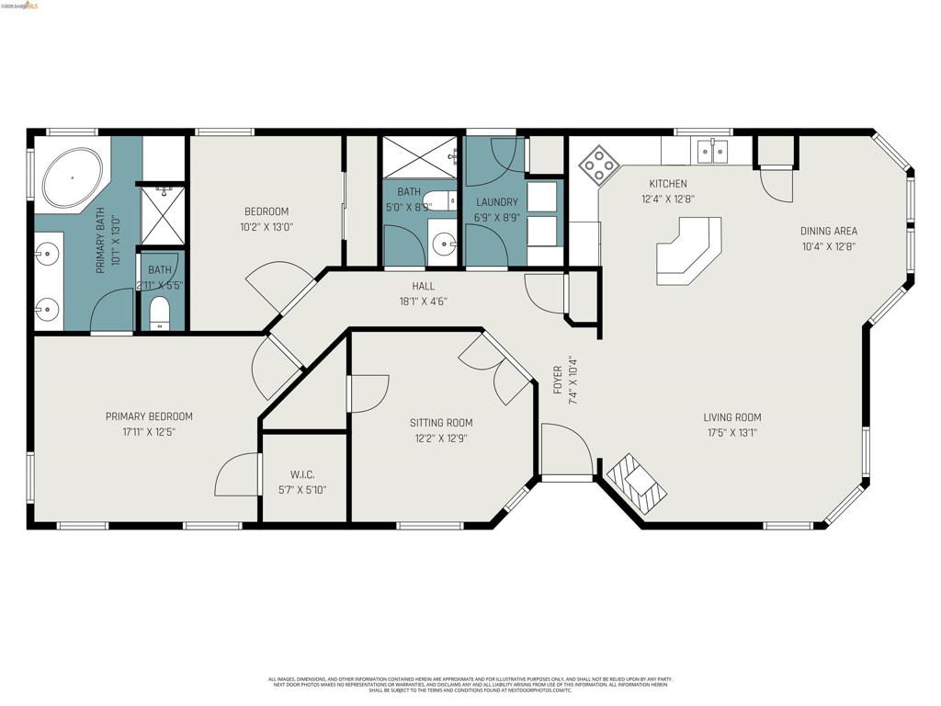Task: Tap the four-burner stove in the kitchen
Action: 598,165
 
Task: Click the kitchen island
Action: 687,250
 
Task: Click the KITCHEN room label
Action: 667,184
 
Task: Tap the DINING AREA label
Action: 828,232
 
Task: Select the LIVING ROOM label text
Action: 732,417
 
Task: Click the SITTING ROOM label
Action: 441,423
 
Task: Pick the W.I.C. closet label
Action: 302,474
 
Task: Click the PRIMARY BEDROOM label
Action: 149,416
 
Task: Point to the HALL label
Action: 424,287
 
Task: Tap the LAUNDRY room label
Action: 496,202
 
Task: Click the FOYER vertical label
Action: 558,376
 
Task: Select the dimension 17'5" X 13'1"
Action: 732,432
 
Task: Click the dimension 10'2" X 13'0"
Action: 266,226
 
